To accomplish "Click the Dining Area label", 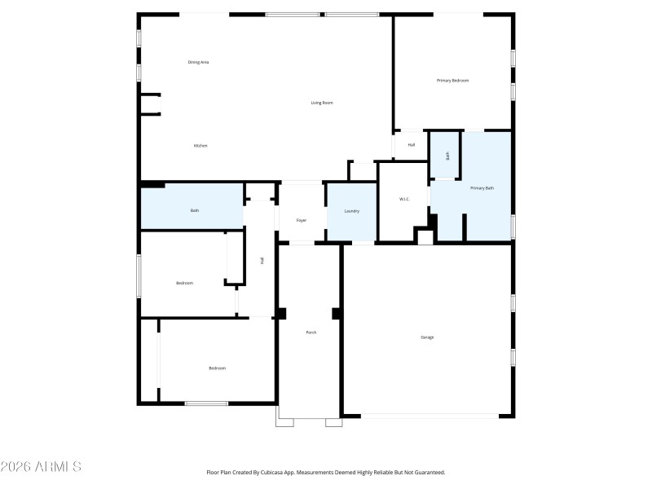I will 199,62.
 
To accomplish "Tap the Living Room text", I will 322,103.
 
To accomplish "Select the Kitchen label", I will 200,146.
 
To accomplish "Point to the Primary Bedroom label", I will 452,81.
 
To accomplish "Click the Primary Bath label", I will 482,188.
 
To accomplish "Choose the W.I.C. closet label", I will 403,200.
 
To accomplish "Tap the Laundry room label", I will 352,211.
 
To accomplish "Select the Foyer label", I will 301,220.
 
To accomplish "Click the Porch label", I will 311,333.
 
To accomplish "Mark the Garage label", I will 427,337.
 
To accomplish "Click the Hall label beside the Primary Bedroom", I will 412,145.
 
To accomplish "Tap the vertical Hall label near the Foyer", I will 262,260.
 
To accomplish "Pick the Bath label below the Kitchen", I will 195,210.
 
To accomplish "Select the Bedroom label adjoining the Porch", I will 217,368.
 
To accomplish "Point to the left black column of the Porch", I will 282,314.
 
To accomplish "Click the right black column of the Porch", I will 336,314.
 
